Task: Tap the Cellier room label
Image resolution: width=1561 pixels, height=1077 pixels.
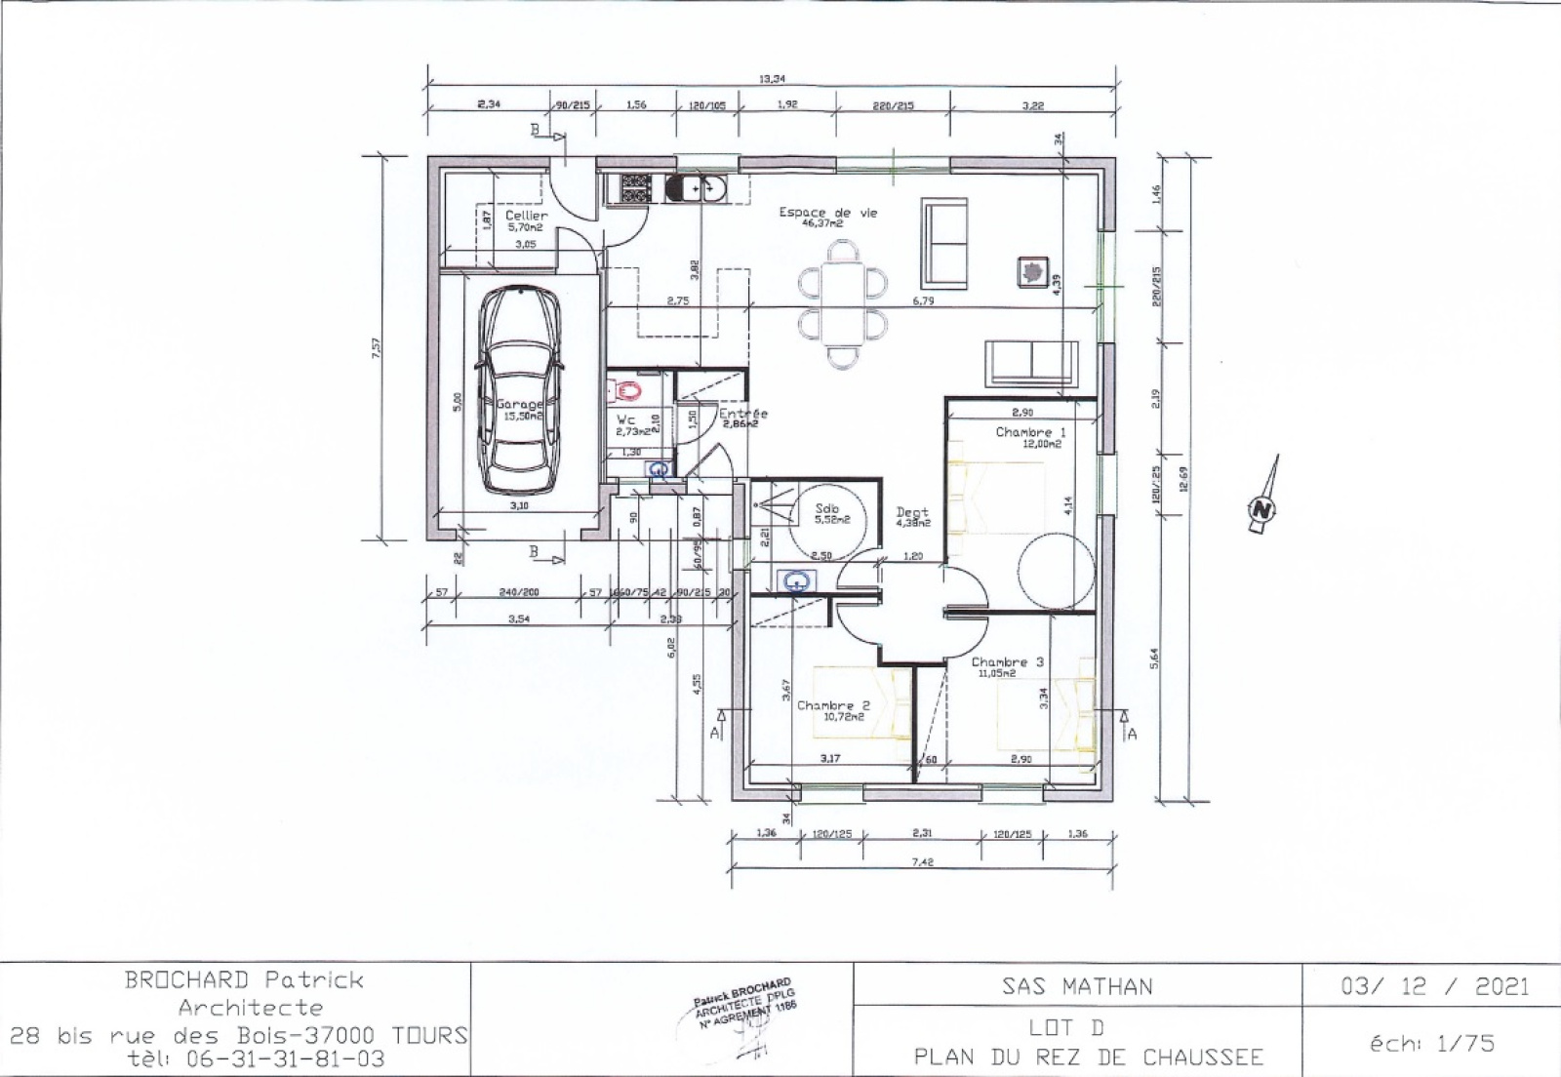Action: pyautogui.click(x=527, y=216)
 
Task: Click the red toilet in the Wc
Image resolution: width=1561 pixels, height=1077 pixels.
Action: pyautogui.click(x=630, y=392)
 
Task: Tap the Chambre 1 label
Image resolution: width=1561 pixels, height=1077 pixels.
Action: pyautogui.click(x=1030, y=431)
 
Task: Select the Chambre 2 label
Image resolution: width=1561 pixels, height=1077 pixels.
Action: pyautogui.click(x=831, y=705)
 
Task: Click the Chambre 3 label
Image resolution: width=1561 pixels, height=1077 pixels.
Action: pyautogui.click(x=1007, y=661)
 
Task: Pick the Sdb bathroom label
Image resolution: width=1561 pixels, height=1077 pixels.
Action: pyautogui.click(x=827, y=508)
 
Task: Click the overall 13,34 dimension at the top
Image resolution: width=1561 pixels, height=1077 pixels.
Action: pyautogui.click(x=771, y=79)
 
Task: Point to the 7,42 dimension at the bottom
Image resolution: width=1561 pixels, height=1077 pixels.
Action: pyautogui.click(x=922, y=861)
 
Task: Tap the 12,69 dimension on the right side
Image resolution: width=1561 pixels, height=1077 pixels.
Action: pyautogui.click(x=1184, y=482)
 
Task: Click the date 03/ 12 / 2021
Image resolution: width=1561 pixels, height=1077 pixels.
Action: pyautogui.click(x=1434, y=986)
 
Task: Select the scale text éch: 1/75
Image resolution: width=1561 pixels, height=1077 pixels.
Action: pyautogui.click(x=1431, y=1044)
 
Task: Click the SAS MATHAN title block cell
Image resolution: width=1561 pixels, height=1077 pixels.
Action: pyautogui.click(x=1077, y=986)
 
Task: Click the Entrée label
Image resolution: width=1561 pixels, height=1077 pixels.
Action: pyautogui.click(x=743, y=414)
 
